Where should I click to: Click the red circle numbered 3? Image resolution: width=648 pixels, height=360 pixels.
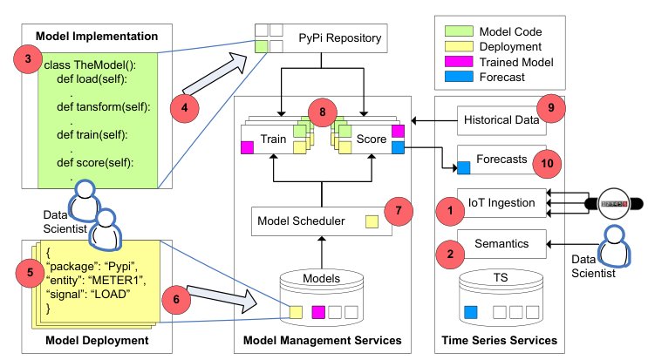tap(28, 59)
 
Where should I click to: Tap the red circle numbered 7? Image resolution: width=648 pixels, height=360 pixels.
tap(399, 211)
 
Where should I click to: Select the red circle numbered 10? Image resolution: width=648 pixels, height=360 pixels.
tap(547, 164)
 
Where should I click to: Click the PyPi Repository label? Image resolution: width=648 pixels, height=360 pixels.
tap(340, 38)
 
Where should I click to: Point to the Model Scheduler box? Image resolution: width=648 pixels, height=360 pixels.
tap(322, 221)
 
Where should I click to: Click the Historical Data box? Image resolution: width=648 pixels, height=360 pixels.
tap(501, 120)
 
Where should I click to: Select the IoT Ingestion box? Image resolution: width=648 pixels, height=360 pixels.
tap(501, 203)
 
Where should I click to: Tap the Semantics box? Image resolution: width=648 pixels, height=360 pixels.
tap(501, 244)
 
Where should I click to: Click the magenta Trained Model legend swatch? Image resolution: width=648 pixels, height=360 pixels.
tap(459, 62)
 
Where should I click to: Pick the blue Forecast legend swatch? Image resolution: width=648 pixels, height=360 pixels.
tap(459, 77)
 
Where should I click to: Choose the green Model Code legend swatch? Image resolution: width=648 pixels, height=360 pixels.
tap(459, 31)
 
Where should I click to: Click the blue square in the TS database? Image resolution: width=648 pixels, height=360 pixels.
tap(471, 312)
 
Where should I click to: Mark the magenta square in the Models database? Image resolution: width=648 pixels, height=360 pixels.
tap(318, 312)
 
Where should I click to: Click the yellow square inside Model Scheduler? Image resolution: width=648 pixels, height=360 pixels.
tap(372, 221)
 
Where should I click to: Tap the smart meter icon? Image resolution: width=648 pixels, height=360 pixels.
tap(614, 203)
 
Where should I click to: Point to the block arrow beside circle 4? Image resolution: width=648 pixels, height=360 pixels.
tap(215, 74)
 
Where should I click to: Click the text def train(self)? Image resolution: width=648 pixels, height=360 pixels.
tap(92, 134)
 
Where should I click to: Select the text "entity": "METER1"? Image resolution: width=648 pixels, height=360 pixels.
tap(96, 281)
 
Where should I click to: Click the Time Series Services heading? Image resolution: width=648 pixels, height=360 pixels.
tap(499, 340)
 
